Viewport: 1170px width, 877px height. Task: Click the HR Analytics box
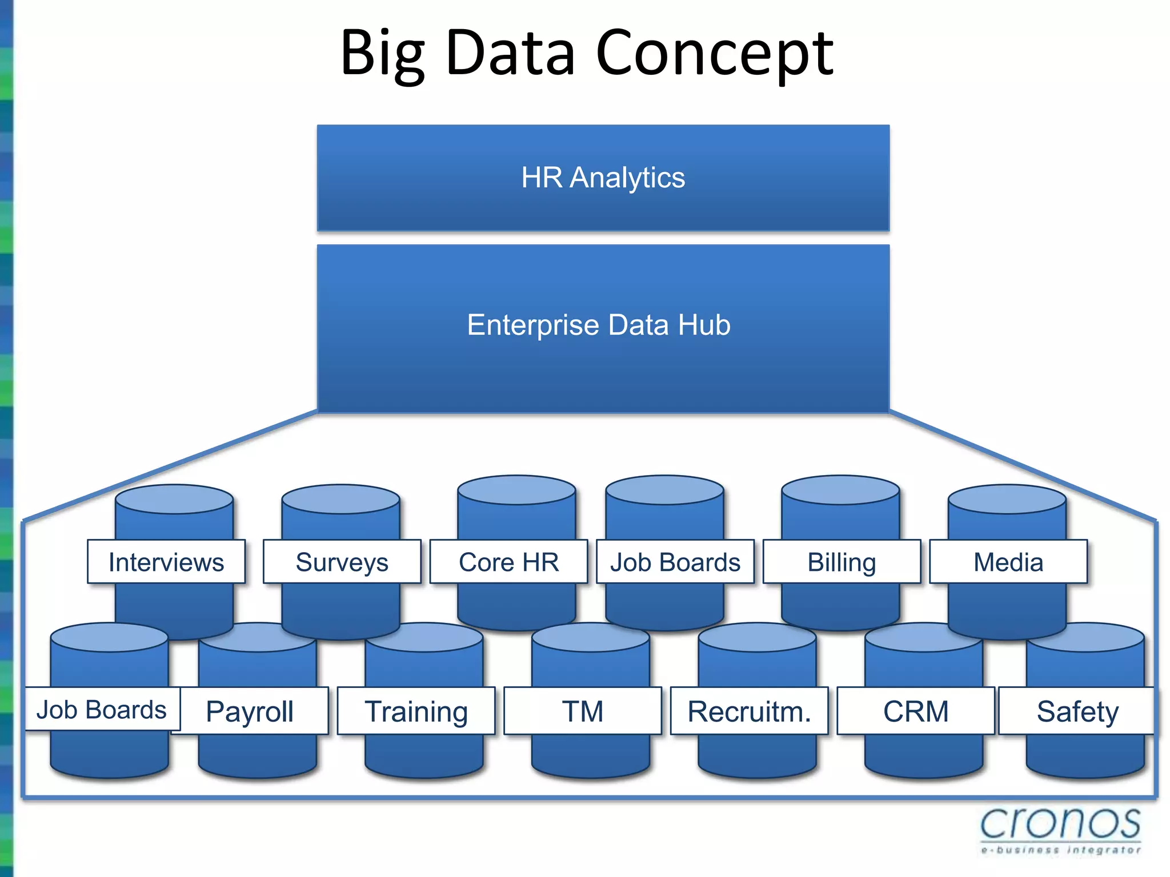603,178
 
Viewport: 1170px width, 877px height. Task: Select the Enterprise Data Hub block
603,327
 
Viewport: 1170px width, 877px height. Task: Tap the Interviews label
166,562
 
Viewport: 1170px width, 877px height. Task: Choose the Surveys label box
342,562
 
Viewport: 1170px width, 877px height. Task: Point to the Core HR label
508,562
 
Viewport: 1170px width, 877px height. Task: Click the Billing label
842,562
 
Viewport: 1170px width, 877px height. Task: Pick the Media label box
1008,562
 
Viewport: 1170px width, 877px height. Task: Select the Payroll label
250,711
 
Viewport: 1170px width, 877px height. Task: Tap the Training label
416,711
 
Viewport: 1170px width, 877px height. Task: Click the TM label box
583,711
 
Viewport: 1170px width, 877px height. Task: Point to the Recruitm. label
749,711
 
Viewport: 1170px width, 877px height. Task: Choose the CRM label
916,711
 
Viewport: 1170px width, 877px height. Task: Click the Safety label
1077,711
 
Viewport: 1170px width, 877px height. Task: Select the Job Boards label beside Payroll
102,710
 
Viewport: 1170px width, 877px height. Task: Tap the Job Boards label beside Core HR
675,562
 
